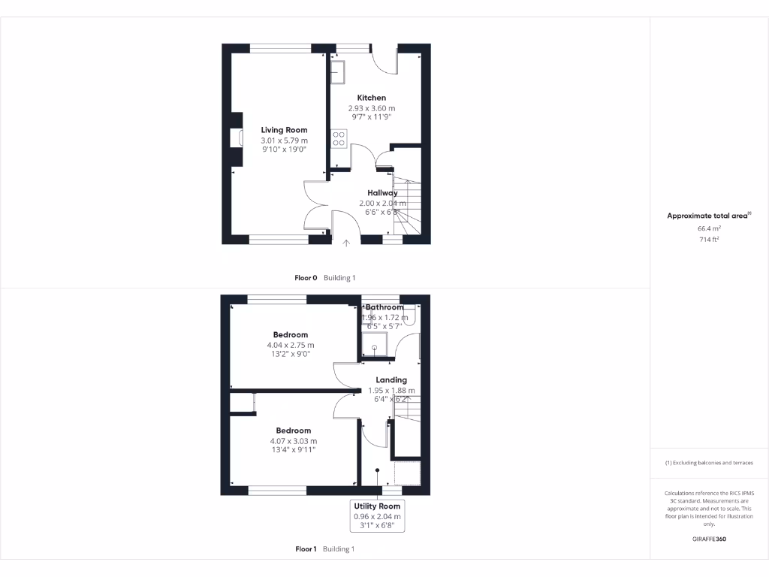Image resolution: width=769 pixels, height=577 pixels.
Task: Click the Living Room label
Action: pyautogui.click(x=284, y=130)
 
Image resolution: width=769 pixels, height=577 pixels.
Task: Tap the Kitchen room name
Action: pyautogui.click(x=372, y=98)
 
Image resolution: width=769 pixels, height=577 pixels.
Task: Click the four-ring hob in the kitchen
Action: pyautogui.click(x=338, y=139)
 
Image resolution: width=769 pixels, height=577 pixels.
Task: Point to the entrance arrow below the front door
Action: pyautogui.click(x=346, y=243)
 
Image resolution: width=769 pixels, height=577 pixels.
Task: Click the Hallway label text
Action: pyautogui.click(x=382, y=193)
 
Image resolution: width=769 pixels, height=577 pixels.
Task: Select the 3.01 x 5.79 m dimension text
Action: pyautogui.click(x=284, y=140)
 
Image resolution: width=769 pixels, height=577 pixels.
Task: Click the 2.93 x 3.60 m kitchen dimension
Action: pyautogui.click(x=372, y=108)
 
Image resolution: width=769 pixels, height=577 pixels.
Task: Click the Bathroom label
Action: pyautogui.click(x=384, y=307)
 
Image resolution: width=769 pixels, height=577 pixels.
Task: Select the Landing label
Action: pyautogui.click(x=391, y=380)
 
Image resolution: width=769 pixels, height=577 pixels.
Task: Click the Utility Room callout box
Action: pyautogui.click(x=378, y=515)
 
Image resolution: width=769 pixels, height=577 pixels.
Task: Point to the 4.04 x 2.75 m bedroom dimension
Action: pyautogui.click(x=290, y=346)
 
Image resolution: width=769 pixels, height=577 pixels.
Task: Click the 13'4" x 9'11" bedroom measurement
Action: pyautogui.click(x=293, y=450)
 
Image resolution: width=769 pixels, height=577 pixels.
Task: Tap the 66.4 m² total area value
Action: pyautogui.click(x=709, y=228)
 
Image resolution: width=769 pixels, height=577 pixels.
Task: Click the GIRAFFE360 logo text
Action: pyautogui.click(x=709, y=539)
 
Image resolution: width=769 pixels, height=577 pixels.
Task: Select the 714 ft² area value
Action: pyautogui.click(x=709, y=239)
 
